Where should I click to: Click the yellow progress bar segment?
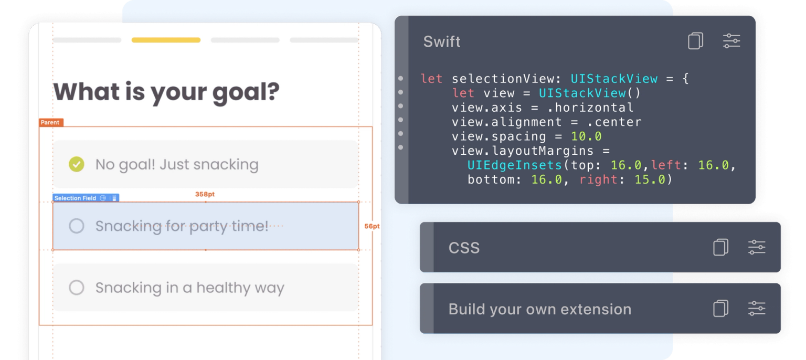[166, 40]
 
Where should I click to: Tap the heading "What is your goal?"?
[166, 92]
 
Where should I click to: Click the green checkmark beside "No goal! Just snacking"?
[77, 164]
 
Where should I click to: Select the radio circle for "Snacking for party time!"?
[77, 226]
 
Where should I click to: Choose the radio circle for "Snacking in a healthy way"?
[77, 288]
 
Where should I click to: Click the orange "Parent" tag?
[51, 122]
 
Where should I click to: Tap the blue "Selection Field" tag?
[76, 198]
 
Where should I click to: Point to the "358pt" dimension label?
[205, 194]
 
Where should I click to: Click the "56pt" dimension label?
[372, 226]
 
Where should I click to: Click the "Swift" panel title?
[442, 41]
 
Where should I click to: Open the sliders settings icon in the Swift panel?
[731, 41]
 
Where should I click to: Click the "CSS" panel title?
[464, 248]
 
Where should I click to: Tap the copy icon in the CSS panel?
[720, 247]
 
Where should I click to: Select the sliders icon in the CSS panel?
[756, 247]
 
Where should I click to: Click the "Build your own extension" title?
[539, 309]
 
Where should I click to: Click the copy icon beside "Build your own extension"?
[720, 309]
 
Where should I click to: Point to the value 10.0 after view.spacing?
[586, 136]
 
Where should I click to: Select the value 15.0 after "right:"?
[650, 179]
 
